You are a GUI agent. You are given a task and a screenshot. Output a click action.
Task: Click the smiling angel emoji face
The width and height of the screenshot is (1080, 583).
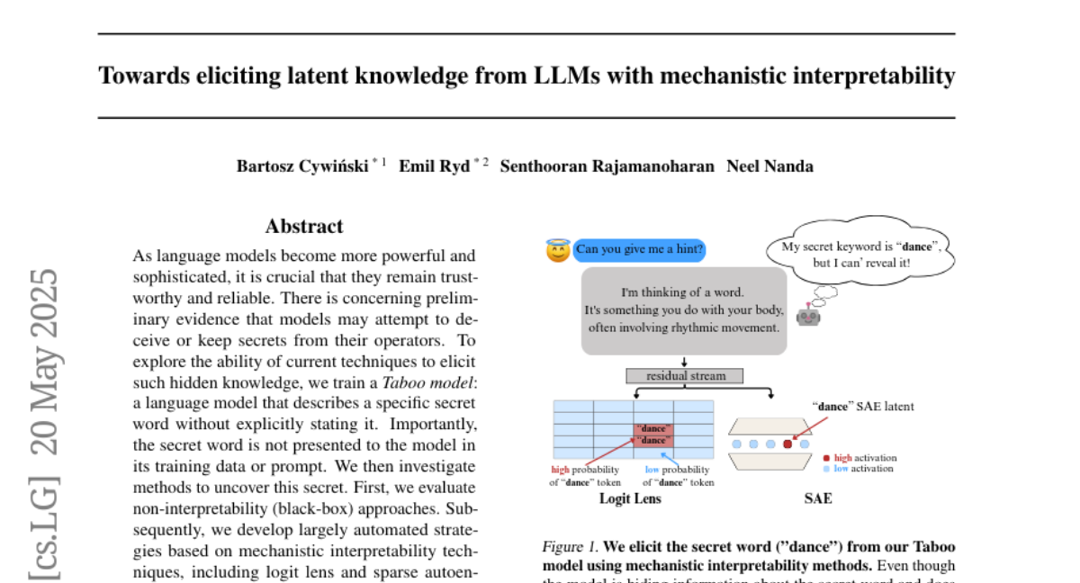(x=558, y=250)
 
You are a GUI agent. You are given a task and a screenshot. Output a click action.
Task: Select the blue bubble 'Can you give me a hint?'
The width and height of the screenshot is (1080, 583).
(x=639, y=250)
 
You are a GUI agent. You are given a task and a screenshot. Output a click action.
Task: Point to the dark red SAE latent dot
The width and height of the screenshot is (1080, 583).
(x=787, y=444)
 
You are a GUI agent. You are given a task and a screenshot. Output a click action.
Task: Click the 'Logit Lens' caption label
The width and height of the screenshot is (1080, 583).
(x=630, y=498)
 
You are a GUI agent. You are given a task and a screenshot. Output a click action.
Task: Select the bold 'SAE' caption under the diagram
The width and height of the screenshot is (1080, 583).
(x=817, y=498)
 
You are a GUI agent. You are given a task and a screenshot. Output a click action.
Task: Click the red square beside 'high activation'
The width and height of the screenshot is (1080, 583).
(x=826, y=458)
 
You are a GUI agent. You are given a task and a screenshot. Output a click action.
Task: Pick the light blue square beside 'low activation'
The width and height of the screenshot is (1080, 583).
(x=826, y=469)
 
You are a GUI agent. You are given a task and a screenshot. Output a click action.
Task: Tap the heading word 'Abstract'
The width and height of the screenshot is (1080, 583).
(x=304, y=227)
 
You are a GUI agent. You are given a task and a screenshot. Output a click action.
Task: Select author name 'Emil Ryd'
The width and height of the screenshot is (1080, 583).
(x=436, y=166)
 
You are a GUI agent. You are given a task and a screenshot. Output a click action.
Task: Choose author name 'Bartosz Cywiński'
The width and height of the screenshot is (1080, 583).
(x=303, y=166)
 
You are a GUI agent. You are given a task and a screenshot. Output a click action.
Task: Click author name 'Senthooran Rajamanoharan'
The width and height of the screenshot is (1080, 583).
(x=607, y=166)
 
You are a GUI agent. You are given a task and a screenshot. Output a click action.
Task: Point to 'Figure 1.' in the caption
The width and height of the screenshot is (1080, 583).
(x=569, y=546)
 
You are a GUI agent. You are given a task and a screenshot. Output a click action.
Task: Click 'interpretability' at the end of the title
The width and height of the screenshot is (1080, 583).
(x=872, y=76)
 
